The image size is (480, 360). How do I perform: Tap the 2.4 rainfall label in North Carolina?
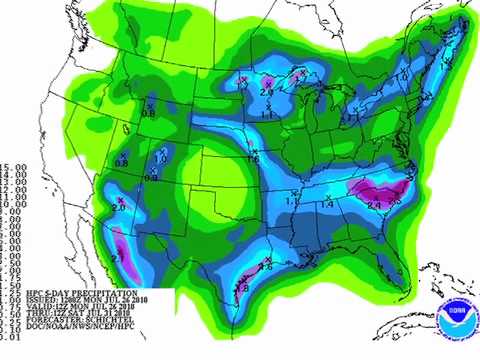pos(374,205)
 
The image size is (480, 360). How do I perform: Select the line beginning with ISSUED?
pos(70,301)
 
